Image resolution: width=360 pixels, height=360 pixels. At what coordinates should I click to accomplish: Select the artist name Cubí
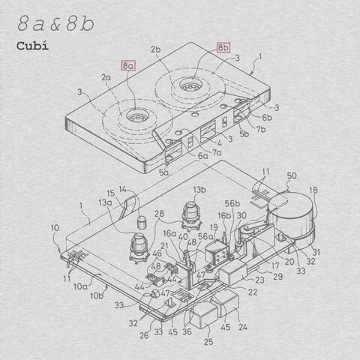(x=33, y=45)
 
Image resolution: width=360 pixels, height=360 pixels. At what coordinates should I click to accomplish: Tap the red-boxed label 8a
(x=128, y=66)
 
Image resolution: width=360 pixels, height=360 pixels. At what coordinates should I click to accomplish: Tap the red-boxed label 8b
(x=223, y=47)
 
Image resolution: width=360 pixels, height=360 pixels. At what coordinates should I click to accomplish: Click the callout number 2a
(x=106, y=77)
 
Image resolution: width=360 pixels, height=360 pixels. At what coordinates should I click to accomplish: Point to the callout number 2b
(x=156, y=49)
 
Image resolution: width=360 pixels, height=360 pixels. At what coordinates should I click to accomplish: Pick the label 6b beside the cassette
(x=267, y=118)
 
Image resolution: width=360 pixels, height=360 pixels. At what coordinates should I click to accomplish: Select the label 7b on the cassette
(x=260, y=130)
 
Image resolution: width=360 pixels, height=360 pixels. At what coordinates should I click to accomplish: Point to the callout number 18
(x=313, y=191)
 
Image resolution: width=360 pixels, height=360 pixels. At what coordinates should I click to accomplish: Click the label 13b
(x=199, y=190)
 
